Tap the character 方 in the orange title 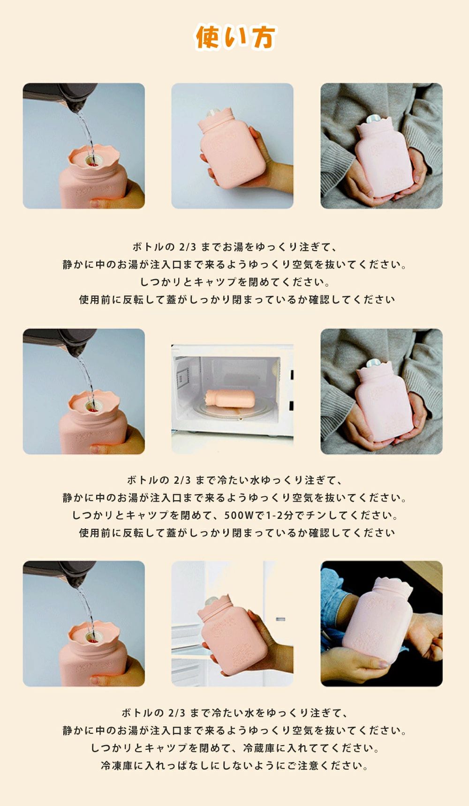click(262, 37)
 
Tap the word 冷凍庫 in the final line click(117, 766)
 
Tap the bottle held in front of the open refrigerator click(232, 635)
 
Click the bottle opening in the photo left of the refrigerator click(92, 636)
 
